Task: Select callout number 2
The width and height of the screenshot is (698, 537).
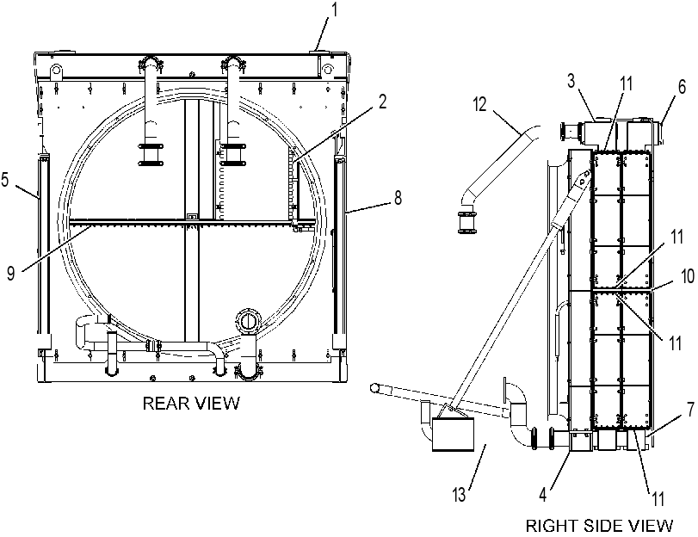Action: coord(382,102)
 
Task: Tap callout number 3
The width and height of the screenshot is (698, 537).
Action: coord(571,81)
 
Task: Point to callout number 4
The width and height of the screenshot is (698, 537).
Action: coord(542,495)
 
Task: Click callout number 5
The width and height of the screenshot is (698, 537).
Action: coord(5,180)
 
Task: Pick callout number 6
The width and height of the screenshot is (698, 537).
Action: coord(682,87)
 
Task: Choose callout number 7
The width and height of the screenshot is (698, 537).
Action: coord(690,410)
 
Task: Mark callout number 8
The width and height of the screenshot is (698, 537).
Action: coord(398,197)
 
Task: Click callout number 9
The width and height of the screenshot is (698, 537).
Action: coord(11,273)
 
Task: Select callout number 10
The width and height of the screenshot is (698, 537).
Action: coord(688,276)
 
